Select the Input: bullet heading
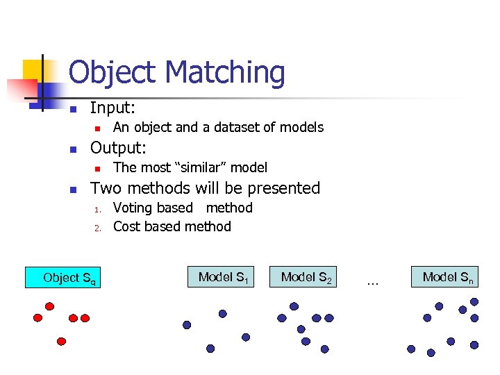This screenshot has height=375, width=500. pos(113,108)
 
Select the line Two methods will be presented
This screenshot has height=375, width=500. pos(206,187)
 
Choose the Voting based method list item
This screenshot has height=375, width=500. pos(183,208)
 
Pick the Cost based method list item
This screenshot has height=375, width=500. pos(172,226)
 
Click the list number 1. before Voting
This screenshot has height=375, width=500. pos(99,209)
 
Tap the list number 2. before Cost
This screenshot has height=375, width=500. pos(99,228)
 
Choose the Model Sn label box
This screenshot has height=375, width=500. pos(448,277)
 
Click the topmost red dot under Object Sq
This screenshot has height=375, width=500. pos(49,306)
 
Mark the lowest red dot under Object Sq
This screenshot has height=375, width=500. pos(61,342)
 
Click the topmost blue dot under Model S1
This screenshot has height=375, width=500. pos(222,314)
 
